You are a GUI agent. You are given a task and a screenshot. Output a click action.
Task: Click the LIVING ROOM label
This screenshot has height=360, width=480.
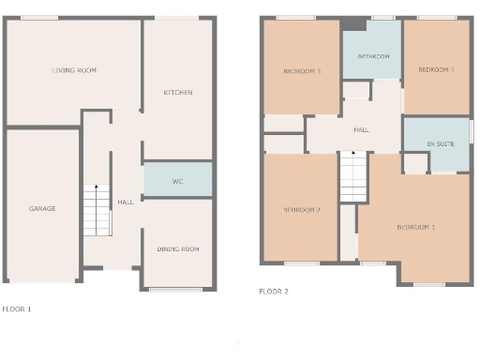(74, 70)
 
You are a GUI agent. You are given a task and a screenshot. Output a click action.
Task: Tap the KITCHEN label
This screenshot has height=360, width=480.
(178, 92)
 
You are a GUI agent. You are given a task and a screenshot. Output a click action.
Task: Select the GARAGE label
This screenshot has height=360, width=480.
(42, 208)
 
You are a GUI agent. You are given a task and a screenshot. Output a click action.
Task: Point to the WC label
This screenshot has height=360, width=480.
(177, 180)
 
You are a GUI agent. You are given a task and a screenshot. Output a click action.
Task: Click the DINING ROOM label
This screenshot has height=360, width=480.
(178, 248)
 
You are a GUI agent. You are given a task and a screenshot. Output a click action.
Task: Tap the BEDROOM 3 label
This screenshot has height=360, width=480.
(302, 70)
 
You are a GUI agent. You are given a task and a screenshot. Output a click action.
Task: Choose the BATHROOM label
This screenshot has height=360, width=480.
(373, 56)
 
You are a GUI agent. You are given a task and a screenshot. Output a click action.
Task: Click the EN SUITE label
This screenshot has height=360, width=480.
(437, 143)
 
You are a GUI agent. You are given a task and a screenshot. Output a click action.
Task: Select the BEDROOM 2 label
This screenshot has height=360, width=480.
(302, 209)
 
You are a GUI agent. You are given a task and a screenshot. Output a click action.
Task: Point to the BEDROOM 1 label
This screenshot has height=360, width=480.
(416, 228)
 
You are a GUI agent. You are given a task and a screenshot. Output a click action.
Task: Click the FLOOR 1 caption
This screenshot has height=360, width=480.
(17, 307)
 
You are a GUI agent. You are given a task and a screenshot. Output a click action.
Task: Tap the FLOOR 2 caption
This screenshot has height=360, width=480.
(274, 292)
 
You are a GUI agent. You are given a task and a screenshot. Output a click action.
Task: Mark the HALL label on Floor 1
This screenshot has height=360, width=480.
(126, 202)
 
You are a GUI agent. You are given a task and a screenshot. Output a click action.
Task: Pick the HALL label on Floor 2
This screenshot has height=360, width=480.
(361, 129)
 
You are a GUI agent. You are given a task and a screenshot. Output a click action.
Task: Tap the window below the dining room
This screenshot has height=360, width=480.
(176, 289)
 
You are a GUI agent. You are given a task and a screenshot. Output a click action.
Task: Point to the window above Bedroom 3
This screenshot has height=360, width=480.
(296, 17)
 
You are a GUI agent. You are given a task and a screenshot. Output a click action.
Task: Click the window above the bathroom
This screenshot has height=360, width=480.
(382, 17)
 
